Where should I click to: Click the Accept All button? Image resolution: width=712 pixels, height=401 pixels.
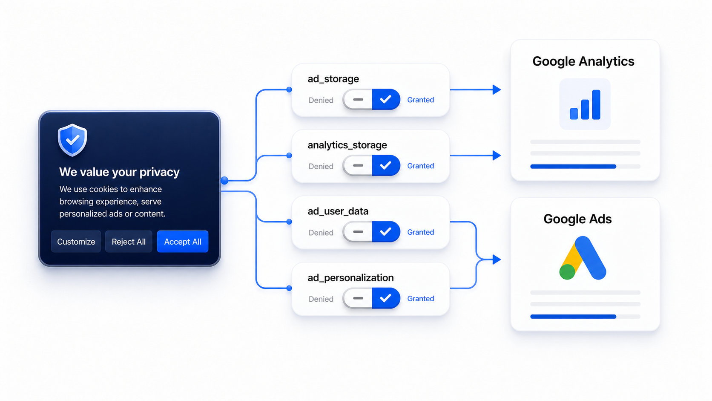pos(182,241)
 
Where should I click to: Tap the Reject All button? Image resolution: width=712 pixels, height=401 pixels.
pos(129,241)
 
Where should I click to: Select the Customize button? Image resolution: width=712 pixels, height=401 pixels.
pos(76,241)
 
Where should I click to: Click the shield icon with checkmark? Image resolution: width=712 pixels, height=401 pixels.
pos(72,140)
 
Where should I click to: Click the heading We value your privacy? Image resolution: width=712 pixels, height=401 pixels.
pos(119,172)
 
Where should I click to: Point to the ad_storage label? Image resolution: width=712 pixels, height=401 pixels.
pos(333,79)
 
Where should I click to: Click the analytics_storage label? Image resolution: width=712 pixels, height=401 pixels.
pos(347,145)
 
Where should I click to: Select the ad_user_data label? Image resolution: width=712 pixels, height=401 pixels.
pos(338,211)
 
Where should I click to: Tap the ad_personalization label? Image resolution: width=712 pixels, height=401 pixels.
pos(350,277)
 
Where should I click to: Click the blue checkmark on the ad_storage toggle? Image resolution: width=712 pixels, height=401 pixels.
pos(385,100)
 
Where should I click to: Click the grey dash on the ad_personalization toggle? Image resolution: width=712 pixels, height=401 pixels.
pos(358,298)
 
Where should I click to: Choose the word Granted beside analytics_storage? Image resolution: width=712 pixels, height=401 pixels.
pos(421,166)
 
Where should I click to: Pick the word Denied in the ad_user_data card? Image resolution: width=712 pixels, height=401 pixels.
pos(321,232)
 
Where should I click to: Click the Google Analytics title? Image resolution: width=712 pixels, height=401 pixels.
pos(583,61)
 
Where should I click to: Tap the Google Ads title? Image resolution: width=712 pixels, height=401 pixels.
pos(577,219)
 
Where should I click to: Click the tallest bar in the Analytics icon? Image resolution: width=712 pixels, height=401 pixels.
pos(596,105)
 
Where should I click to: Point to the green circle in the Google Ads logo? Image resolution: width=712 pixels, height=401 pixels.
pos(567,271)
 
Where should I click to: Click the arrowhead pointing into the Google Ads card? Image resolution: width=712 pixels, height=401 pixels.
pos(497,260)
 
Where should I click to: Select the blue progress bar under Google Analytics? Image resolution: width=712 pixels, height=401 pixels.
pos(573,166)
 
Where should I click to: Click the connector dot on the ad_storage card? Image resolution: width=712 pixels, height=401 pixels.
pos(289,89)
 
